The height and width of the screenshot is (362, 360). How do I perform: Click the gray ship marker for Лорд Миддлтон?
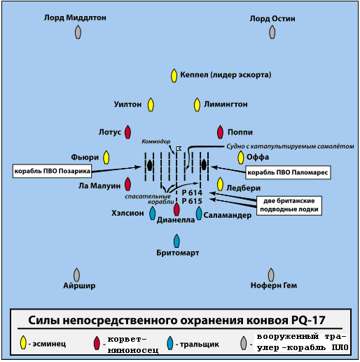pos(78,32)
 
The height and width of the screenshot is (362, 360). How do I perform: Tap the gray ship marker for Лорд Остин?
pos(272,32)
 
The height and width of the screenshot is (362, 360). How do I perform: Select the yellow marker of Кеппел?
pos(174,76)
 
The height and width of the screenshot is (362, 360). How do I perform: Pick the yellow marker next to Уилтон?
pos(151,104)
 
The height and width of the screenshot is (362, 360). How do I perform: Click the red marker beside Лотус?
pos(127,132)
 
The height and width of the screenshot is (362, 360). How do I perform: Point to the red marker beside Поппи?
pos(220,132)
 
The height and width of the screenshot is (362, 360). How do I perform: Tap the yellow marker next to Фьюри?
pos(106,158)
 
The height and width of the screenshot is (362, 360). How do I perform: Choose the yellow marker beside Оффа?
pos(241,158)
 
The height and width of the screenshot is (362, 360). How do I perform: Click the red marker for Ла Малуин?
pos(127,184)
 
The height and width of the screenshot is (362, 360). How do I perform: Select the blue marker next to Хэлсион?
pos(152,213)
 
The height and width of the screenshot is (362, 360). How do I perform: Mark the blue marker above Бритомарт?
pos(176,241)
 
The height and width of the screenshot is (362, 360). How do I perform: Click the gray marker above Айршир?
pos(76,274)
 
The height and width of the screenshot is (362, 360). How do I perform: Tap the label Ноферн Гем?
pos(274,285)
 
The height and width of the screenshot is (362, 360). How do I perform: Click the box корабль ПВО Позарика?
pos(52,171)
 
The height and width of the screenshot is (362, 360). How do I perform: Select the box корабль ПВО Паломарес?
pos(288,172)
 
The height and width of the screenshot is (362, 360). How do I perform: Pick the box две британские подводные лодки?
pos(289,205)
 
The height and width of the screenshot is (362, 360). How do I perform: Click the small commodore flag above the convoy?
pos(179,148)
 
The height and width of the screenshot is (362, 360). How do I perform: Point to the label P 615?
pos(192,201)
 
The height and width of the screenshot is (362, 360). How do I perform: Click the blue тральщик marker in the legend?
pos(170,343)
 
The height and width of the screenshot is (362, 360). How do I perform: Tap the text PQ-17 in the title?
pos(308,320)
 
